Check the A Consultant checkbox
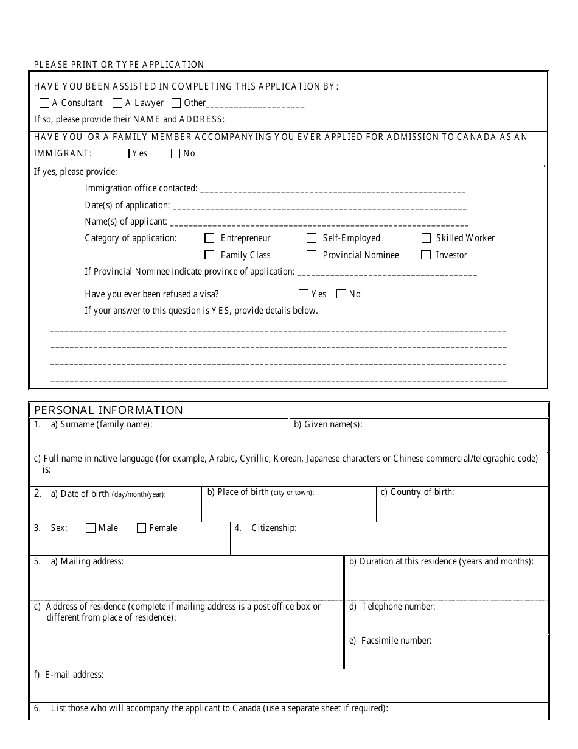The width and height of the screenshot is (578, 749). coord(44,103)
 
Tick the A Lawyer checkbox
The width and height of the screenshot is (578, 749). coord(118,103)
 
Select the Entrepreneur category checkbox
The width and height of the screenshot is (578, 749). coord(210,238)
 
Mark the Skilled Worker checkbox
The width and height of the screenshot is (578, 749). coord(426,238)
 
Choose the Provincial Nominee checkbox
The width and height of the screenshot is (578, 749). coord(312,255)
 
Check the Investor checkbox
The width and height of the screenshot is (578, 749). coord(426,255)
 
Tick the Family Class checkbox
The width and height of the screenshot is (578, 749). coord(210,255)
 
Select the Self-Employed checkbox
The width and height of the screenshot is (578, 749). coord(312,238)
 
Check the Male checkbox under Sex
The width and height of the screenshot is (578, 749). coord(91,528)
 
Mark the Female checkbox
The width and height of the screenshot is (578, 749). coord(142,528)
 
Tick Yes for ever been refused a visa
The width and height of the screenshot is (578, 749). coord(304,294)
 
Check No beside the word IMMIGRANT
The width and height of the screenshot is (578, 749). coord(176,153)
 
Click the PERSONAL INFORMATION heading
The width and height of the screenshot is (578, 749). coord(108,410)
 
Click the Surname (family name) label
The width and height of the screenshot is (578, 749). coord(106,424)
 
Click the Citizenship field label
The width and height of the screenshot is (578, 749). coord(274,528)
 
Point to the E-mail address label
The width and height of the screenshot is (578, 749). coord(74,675)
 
